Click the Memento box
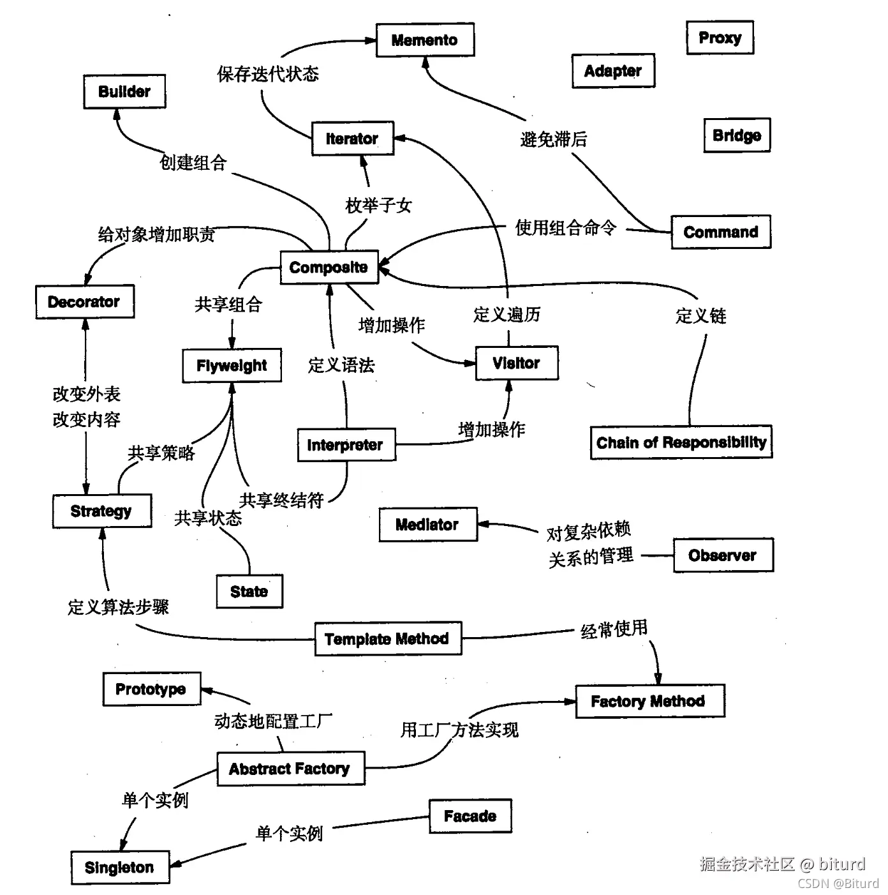coord(425,40)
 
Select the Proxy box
coord(720,38)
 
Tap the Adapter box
coord(613,71)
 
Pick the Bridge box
coord(737,135)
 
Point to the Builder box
coord(124,91)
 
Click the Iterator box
coord(352,139)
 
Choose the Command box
coord(721,232)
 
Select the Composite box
coord(329,267)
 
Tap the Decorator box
coord(84,301)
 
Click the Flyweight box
coord(232,366)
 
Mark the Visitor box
coord(517,363)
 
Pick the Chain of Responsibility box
coord(681,442)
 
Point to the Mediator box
coord(427,525)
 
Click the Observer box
coord(723,555)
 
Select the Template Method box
coord(387,638)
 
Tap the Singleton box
coord(120,868)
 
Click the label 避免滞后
coord(554,139)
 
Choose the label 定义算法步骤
coord(119,606)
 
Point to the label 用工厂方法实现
coord(459,729)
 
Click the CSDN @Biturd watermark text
coord(838,884)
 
